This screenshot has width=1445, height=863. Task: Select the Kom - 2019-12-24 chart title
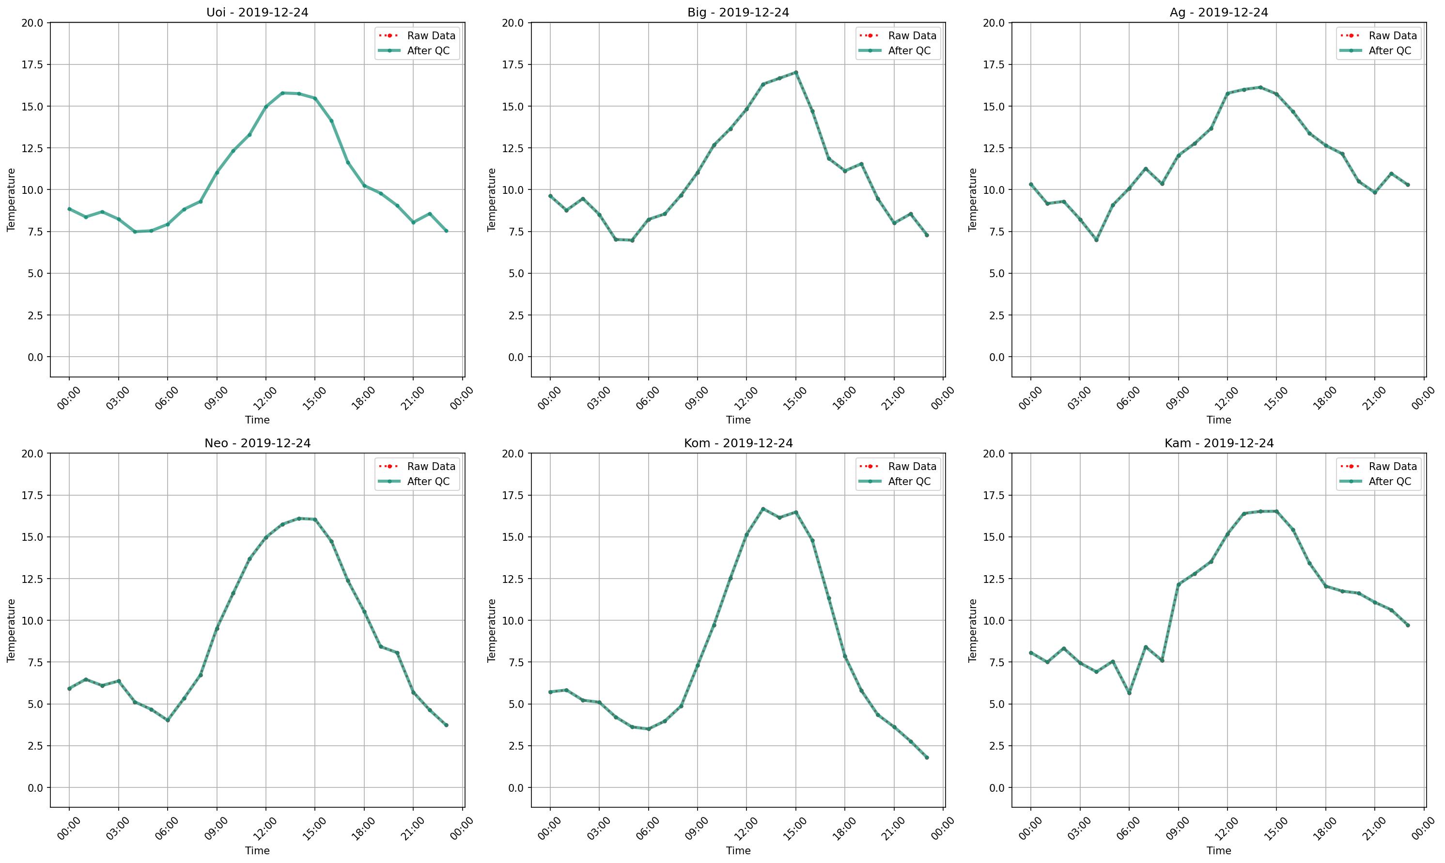[x=738, y=443]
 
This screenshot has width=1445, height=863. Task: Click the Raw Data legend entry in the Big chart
[x=911, y=35]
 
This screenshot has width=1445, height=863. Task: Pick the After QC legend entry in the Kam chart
[x=1389, y=482]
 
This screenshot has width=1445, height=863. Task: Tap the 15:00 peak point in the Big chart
[x=796, y=73]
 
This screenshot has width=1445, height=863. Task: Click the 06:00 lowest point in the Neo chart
[x=168, y=721]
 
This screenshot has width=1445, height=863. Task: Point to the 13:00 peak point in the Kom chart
[x=763, y=509]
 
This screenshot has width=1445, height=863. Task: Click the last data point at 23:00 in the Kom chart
[x=927, y=758]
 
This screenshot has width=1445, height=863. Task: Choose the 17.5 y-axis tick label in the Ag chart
[x=994, y=64]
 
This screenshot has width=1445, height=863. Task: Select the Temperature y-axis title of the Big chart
[x=492, y=200]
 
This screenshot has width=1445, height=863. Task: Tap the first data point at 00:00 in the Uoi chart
[x=69, y=209]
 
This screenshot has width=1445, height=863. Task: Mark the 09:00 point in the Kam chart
[x=1178, y=585]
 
